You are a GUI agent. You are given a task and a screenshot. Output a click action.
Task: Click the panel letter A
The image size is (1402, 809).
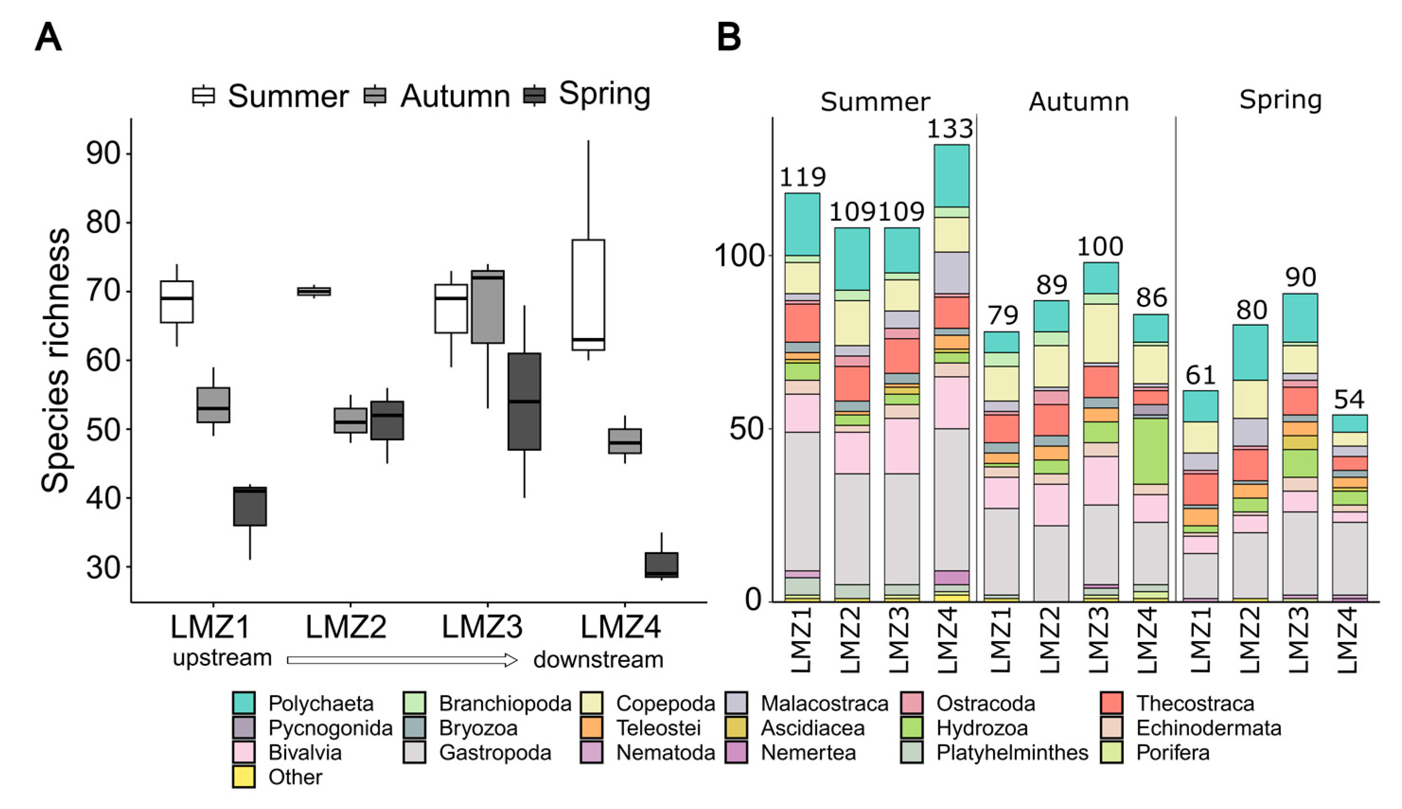[x=48, y=38]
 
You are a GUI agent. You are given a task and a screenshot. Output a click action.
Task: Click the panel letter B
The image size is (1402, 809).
[x=729, y=38]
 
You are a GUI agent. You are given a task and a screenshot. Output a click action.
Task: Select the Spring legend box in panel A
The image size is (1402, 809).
[x=534, y=95]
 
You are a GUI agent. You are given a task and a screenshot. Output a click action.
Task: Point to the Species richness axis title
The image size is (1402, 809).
[x=55, y=361]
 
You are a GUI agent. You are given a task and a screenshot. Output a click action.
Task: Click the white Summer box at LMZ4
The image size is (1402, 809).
[x=588, y=295]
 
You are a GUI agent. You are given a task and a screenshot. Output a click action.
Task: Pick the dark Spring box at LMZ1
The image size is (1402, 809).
[x=250, y=506]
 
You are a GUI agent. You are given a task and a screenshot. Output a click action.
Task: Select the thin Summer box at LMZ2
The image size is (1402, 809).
[x=314, y=291]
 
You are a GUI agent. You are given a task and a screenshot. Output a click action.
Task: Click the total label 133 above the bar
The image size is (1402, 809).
[x=950, y=129]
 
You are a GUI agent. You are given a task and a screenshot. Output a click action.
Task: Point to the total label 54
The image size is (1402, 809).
[x=1349, y=399]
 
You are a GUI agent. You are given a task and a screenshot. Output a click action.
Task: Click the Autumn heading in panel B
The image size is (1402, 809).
[x=1078, y=102]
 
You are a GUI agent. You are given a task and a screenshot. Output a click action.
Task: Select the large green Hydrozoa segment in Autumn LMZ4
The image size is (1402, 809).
[x=1151, y=451]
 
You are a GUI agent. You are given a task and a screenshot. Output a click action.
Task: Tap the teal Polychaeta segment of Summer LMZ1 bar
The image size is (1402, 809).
[x=802, y=224]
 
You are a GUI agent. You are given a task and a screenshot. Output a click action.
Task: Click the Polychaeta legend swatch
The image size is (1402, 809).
[x=244, y=703]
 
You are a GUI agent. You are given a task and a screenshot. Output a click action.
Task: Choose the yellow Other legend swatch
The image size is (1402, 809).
[x=244, y=777]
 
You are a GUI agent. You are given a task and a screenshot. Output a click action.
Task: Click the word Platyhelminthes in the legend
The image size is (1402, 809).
[x=1012, y=752]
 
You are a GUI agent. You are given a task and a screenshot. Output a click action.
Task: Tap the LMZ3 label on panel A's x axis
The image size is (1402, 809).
[x=482, y=627]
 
